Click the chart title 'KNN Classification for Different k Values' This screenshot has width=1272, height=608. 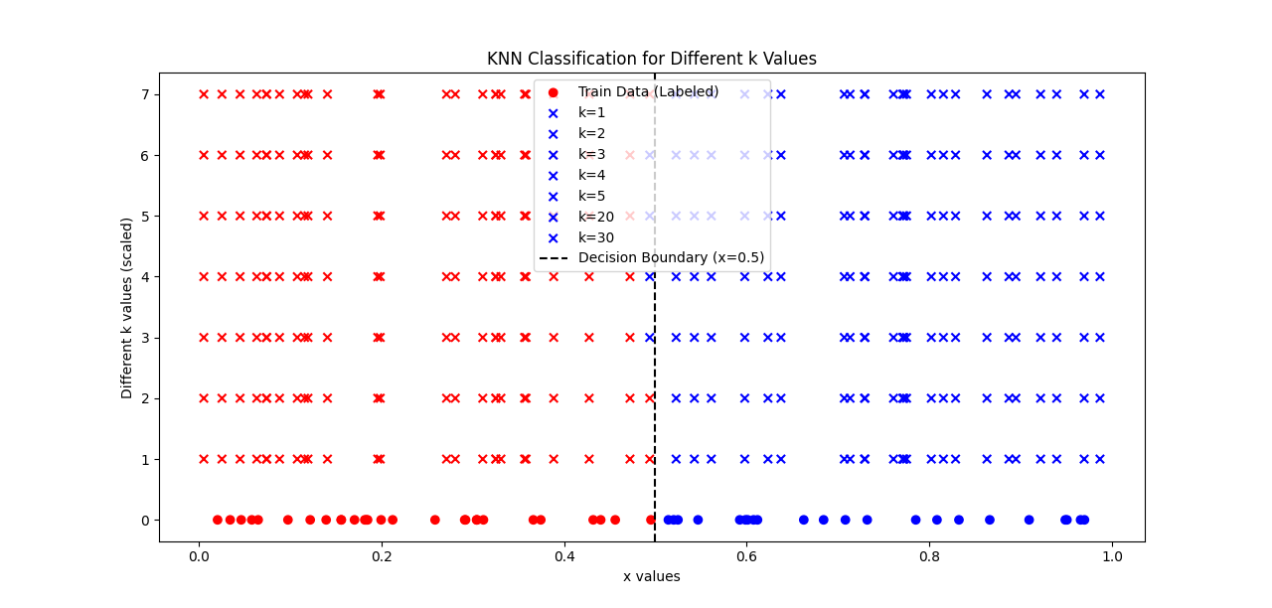[651, 59]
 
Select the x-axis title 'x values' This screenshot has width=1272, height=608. [651, 576]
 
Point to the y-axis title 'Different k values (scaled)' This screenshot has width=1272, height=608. [127, 307]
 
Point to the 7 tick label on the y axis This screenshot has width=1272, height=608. [145, 94]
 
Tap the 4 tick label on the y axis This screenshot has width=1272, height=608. [145, 277]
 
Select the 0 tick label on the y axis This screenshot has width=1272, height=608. [145, 521]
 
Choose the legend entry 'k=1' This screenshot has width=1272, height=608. [591, 112]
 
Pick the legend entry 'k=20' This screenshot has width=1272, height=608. [595, 217]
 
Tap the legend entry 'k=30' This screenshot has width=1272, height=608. [595, 237]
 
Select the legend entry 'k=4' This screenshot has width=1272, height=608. [591, 175]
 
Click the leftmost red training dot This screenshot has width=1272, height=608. [218, 520]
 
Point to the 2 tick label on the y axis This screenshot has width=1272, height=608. [145, 398]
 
